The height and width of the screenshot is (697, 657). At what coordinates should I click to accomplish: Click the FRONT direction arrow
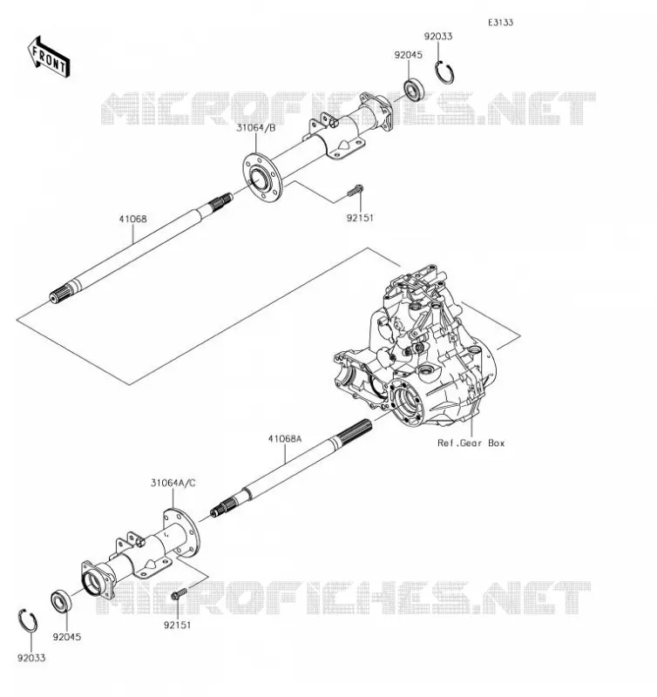coord(48,58)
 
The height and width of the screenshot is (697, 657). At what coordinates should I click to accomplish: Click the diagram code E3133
coord(500,23)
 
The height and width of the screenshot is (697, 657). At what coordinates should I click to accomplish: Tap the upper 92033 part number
coord(437,37)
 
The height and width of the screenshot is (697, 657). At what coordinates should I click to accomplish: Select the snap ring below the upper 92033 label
coord(444,72)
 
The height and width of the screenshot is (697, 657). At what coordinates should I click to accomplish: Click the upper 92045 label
coord(408,55)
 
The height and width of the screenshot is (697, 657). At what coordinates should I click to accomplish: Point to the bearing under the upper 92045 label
coord(413,91)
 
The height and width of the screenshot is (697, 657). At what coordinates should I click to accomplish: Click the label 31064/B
coord(255,128)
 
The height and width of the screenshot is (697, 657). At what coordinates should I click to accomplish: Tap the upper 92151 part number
coord(360,218)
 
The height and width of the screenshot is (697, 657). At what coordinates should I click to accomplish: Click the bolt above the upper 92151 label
coord(355,191)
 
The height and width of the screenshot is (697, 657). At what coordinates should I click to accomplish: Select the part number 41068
coord(132,219)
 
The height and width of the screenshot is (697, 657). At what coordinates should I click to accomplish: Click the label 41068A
coord(284,439)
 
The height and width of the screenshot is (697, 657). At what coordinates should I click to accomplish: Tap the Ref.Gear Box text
coord(471,443)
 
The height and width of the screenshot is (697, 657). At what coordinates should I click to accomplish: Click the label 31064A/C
coord(173,483)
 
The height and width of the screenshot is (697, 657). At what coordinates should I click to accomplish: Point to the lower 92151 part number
coord(178,625)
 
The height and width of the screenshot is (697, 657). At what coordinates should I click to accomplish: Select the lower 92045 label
coord(67,637)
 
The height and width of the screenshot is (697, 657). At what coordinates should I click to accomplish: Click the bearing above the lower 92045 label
coord(61,601)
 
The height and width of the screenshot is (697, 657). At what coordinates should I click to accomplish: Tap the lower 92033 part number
coord(31,658)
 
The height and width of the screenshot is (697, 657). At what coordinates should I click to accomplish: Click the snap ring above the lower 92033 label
coord(28,620)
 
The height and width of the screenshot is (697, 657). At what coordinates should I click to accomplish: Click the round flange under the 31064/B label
coord(262,178)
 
